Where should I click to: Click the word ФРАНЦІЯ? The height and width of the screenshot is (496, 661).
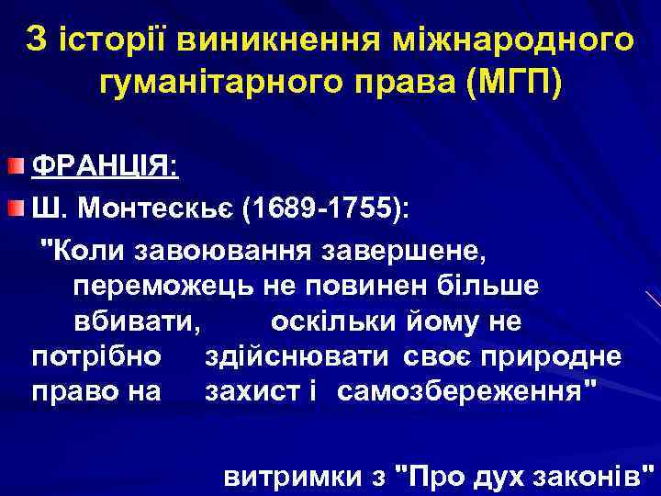coord(106,167)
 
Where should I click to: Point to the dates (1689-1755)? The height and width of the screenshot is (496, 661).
coord(326,208)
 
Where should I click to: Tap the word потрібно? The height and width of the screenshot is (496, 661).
coord(97,355)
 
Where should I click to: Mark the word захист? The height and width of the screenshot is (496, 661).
coord(248,391)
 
